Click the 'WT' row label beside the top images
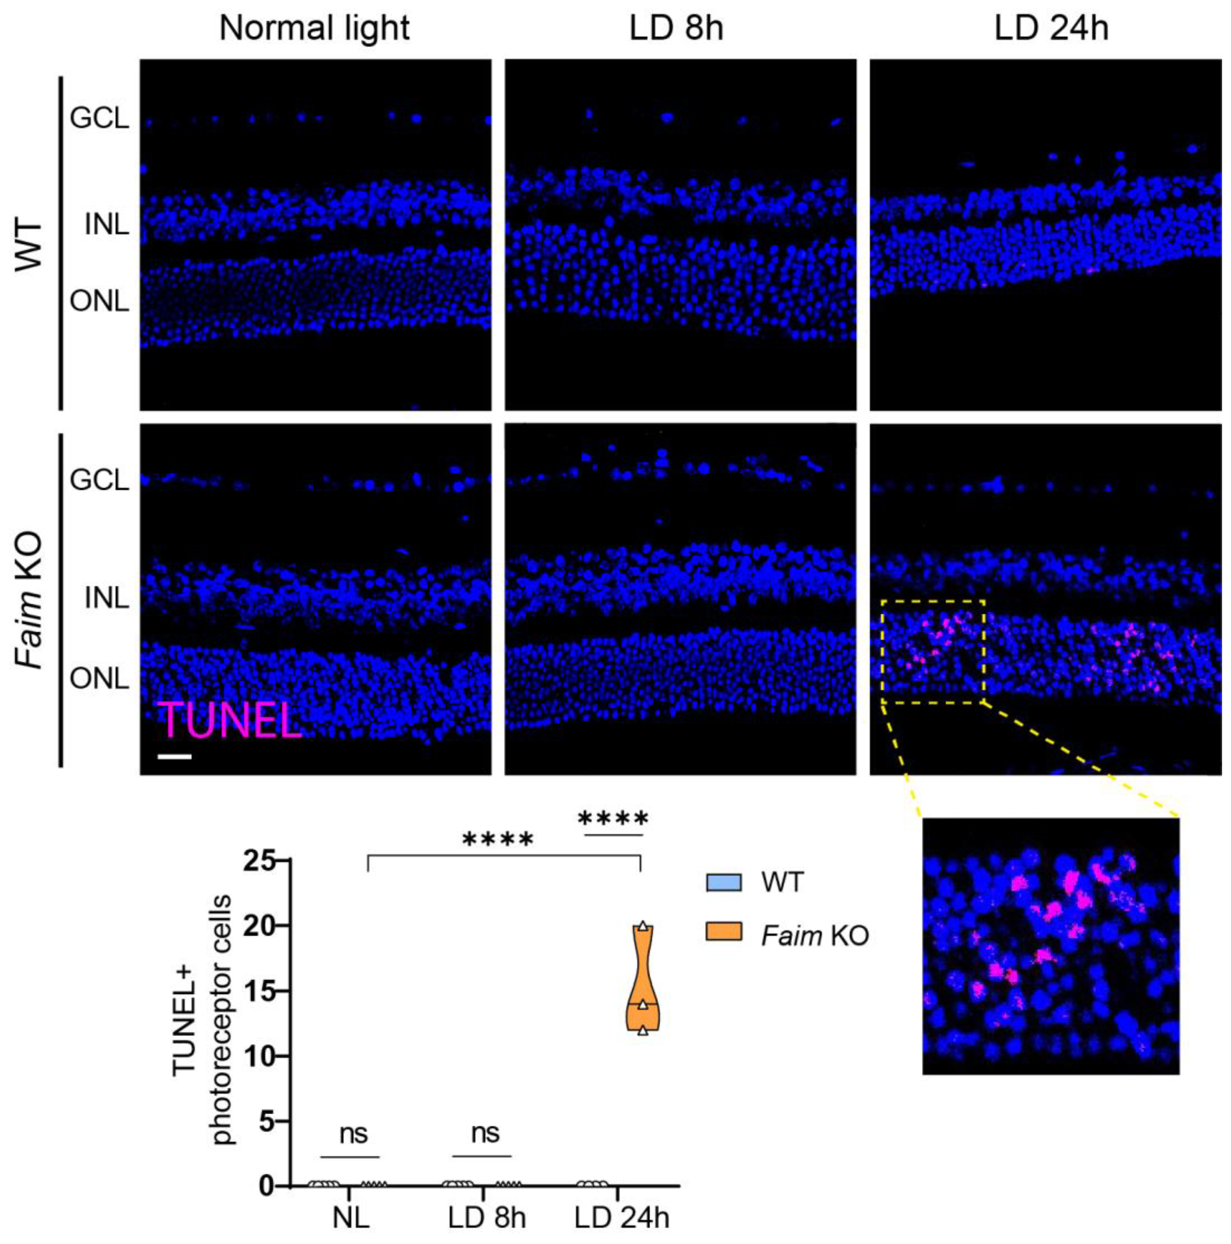[29, 245]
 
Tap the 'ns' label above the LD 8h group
[485, 1133]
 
